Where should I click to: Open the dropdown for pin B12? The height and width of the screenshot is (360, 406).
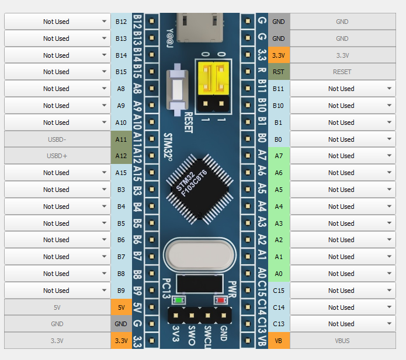(57, 22)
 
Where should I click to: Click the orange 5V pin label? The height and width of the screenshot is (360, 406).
(121, 307)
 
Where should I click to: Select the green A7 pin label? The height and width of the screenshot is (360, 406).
(279, 156)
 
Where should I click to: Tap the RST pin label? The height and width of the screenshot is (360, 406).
(279, 72)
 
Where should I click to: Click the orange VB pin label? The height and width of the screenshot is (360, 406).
(279, 341)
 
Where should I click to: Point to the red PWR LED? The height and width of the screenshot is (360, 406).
(221, 300)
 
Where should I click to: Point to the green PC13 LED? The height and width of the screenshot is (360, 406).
(177, 300)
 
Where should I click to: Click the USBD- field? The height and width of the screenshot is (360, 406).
(57, 139)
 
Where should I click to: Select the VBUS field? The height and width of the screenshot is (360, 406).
(342, 341)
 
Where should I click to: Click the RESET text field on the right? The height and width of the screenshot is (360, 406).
(342, 72)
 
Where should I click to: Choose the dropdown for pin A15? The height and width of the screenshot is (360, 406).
(57, 173)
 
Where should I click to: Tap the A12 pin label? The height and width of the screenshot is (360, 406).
(121, 156)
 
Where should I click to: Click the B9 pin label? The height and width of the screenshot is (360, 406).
(121, 291)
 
